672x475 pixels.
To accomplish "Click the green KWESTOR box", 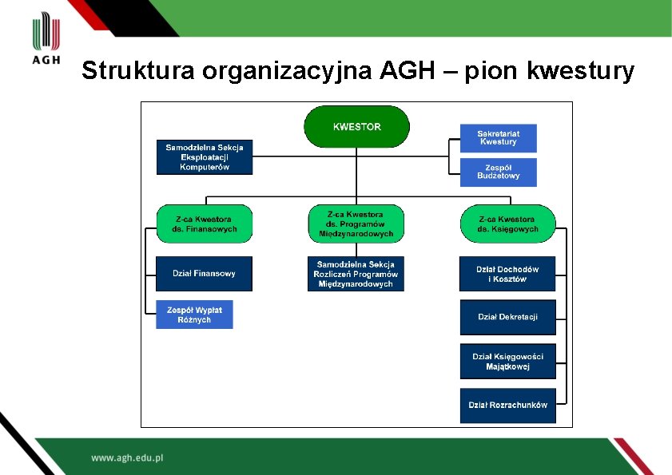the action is pyautogui.click(x=356, y=127).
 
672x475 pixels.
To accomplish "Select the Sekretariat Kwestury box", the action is pyautogui.click(x=498, y=138).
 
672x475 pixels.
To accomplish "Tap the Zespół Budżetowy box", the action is pyautogui.click(x=498, y=172).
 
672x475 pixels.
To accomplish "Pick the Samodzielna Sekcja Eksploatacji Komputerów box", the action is pyautogui.click(x=205, y=157).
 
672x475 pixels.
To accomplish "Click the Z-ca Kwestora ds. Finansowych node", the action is pyautogui.click(x=205, y=224).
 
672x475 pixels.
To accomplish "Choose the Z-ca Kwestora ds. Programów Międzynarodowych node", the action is pyautogui.click(x=356, y=224).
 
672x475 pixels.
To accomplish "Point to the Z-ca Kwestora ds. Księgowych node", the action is pyautogui.click(x=508, y=224).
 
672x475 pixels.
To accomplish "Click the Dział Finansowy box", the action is pyautogui.click(x=204, y=274).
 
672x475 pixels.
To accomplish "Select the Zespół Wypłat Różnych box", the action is pyautogui.click(x=194, y=315).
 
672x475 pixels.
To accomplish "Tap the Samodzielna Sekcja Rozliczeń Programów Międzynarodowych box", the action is pyautogui.click(x=356, y=274).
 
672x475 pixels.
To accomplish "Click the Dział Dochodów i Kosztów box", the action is pyautogui.click(x=507, y=274).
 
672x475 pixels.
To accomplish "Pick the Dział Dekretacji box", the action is pyautogui.click(x=507, y=317).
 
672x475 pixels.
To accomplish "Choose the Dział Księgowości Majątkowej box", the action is pyautogui.click(x=507, y=362).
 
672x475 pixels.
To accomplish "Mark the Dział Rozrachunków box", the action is pyautogui.click(x=507, y=405).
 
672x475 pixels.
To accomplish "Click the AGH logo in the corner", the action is pyautogui.click(x=46, y=40).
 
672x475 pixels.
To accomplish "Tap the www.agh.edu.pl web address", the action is pyautogui.click(x=127, y=458).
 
